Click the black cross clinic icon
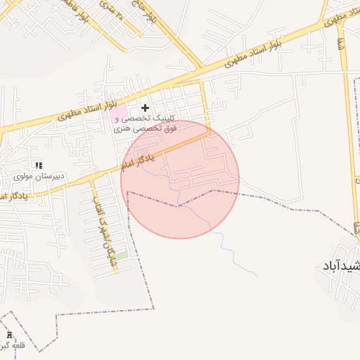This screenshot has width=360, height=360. (x=146, y=108)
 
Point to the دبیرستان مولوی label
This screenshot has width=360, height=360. (x=41, y=175)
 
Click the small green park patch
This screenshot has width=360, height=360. (x=121, y=257)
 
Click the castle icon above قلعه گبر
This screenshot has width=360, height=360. (x=10, y=334)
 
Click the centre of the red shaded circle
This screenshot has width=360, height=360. (x=180, y=179)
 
